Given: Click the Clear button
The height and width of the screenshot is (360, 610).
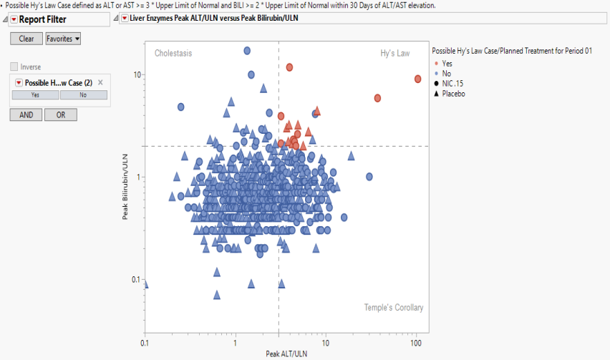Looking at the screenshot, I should click(26, 39).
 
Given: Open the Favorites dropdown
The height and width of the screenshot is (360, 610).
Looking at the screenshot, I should click(63, 39).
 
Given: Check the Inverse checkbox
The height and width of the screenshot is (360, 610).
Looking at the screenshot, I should click(14, 67).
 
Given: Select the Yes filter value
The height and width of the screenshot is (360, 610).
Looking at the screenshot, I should click(35, 94).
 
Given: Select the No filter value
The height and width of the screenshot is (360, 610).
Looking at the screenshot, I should click(83, 94).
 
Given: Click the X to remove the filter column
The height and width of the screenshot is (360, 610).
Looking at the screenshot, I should click(100, 82).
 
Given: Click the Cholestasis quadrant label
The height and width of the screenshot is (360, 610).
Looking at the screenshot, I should click(173, 53).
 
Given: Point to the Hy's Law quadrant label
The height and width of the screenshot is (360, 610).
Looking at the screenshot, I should click(394, 53).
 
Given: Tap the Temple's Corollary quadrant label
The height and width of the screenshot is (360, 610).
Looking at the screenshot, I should click(393, 308).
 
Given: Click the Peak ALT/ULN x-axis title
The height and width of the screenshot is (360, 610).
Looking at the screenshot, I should click(286, 354).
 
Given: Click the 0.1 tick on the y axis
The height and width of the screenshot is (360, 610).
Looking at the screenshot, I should click(133, 279).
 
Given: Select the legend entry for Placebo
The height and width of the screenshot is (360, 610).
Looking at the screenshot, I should click(453, 93).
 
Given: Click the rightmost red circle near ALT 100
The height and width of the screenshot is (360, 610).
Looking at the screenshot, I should click(417, 79).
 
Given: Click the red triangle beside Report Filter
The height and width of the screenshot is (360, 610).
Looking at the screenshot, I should click(14, 19).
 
